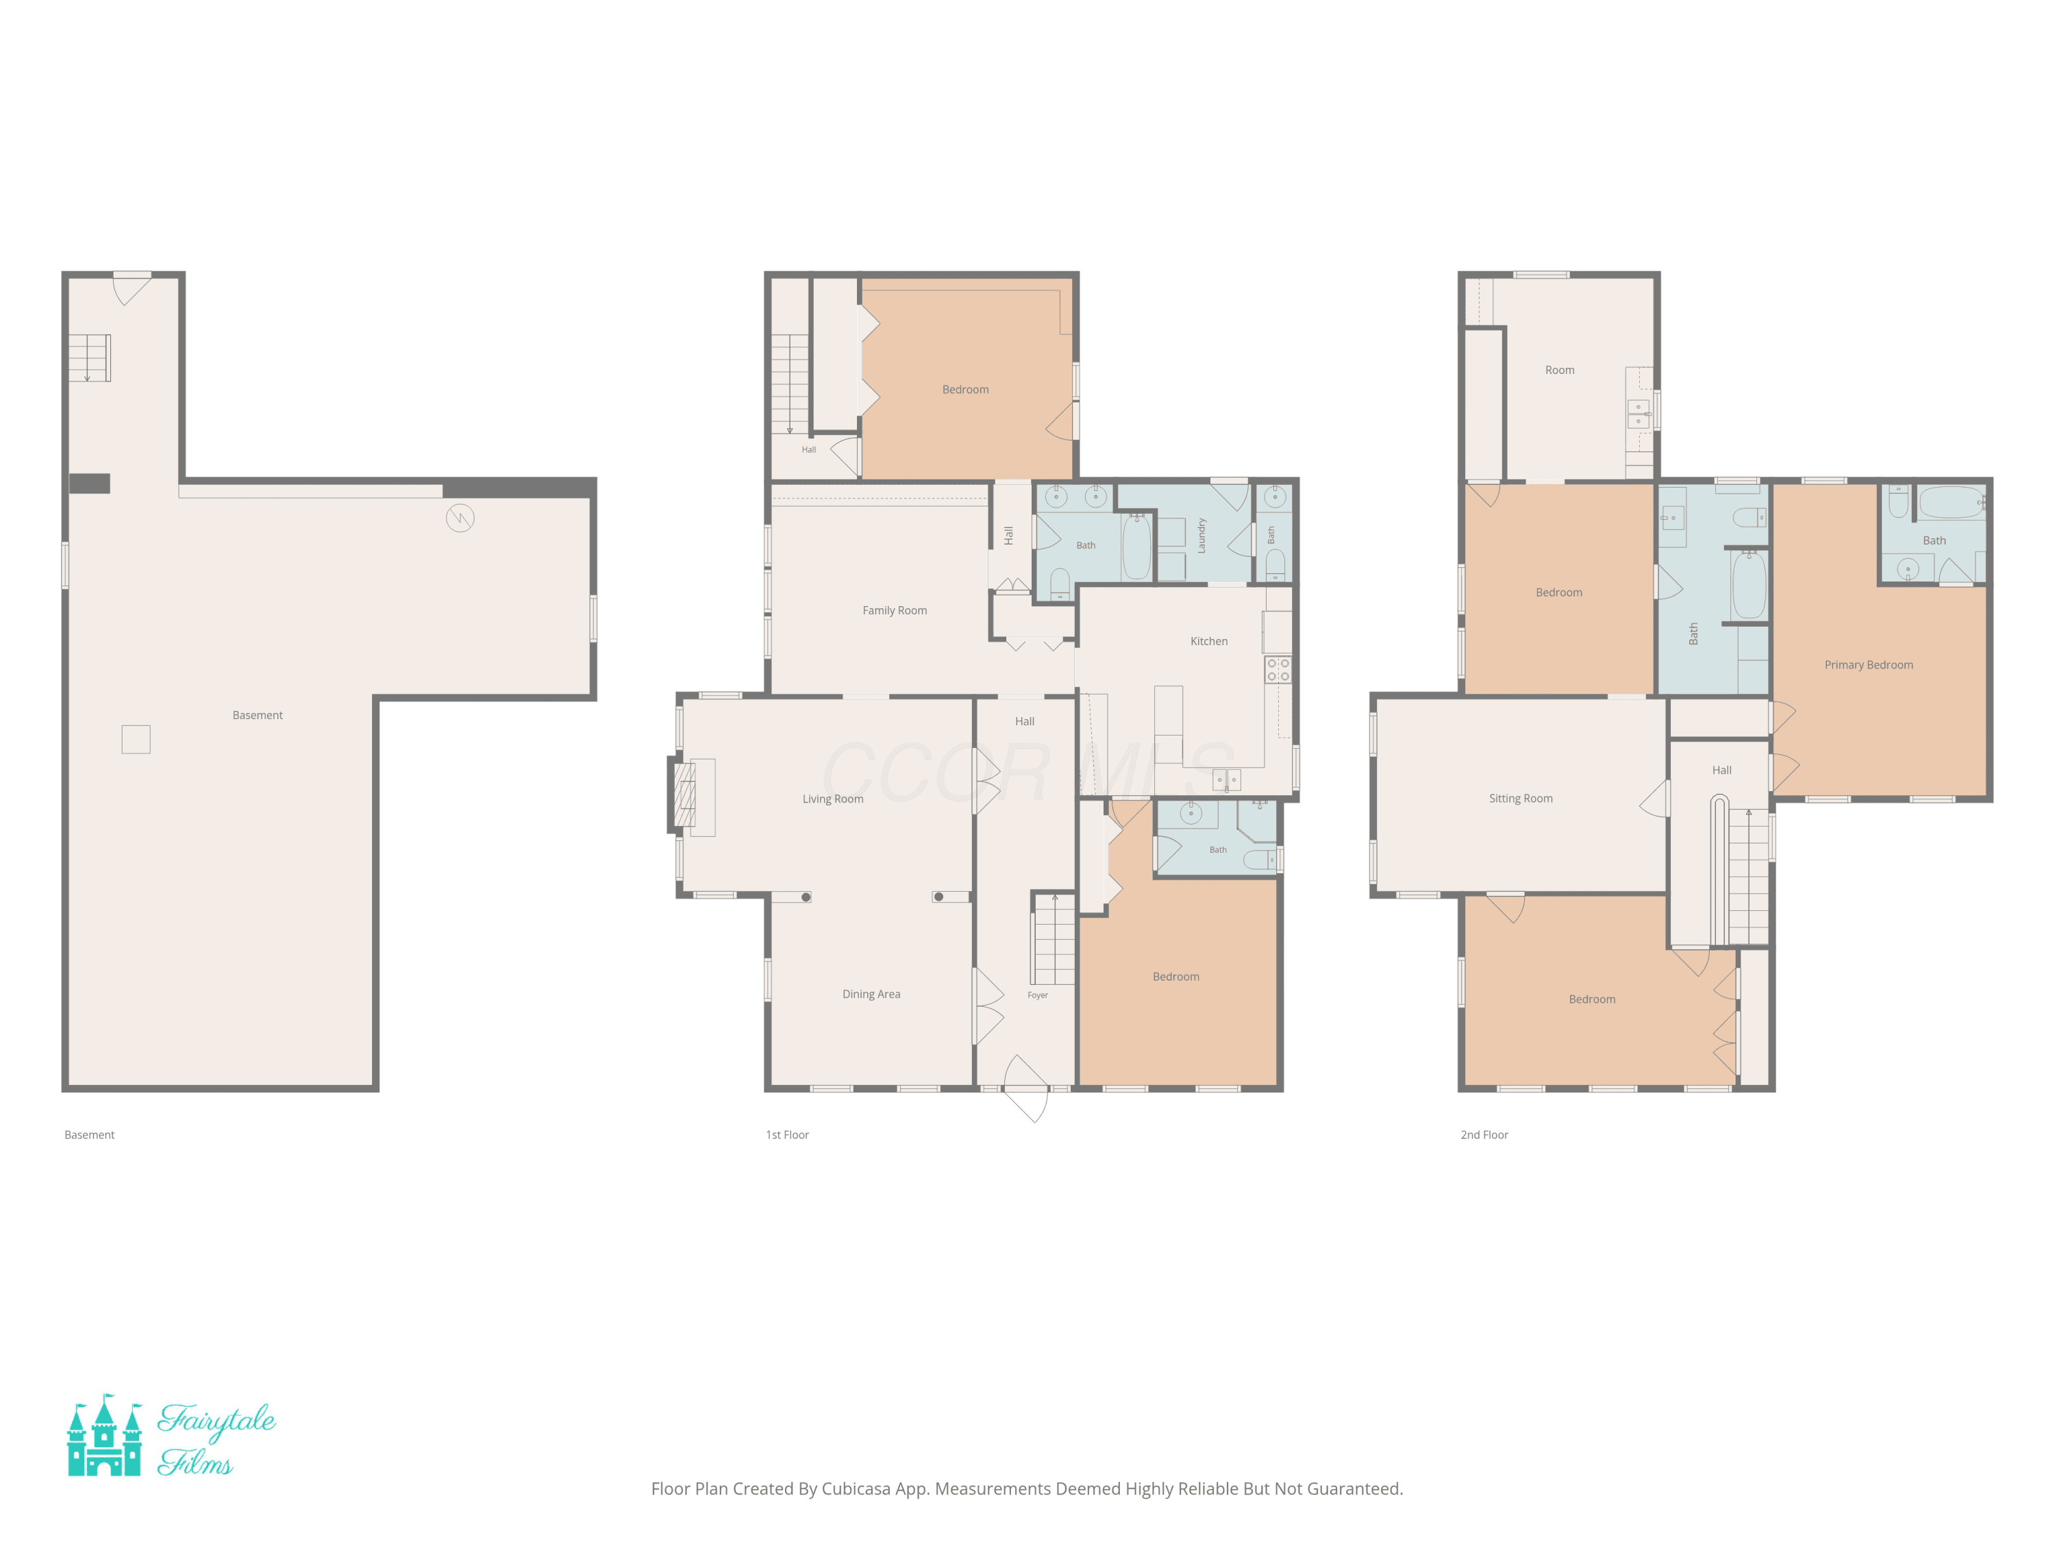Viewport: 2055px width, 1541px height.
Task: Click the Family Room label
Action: pos(895,610)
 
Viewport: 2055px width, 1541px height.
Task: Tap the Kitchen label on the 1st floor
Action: pos(1208,641)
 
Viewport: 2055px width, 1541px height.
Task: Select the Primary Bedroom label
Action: pos(1868,665)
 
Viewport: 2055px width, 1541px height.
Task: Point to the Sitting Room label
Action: pos(1521,798)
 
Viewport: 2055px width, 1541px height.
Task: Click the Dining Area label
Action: pos(871,994)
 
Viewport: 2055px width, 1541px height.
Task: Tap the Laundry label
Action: pos(1201,536)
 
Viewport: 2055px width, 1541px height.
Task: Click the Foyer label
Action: pos(1038,995)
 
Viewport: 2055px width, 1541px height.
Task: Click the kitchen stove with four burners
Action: pos(1278,670)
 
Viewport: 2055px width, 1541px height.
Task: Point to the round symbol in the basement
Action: pos(460,517)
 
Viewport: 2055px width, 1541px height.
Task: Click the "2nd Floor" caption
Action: pos(1484,1135)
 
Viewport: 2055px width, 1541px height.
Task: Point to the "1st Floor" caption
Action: pos(787,1135)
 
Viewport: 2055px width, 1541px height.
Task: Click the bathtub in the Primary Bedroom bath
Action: pos(1951,503)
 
